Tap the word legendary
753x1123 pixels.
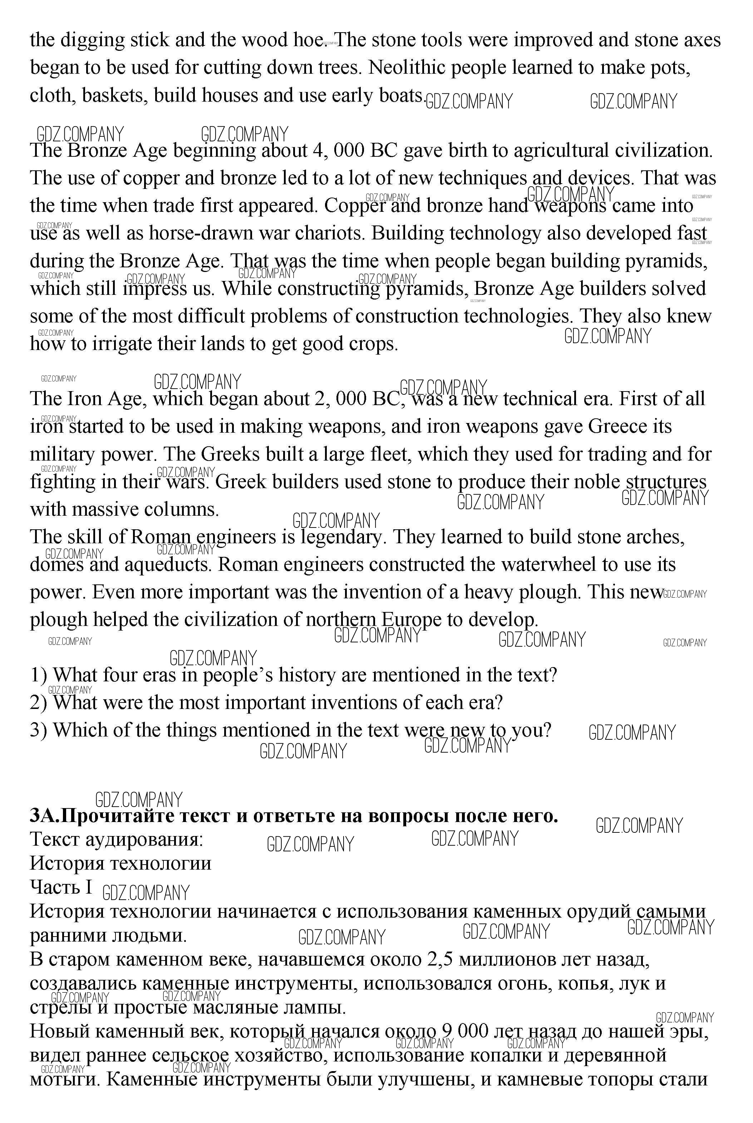tap(343, 537)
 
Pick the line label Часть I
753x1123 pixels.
tap(61, 886)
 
